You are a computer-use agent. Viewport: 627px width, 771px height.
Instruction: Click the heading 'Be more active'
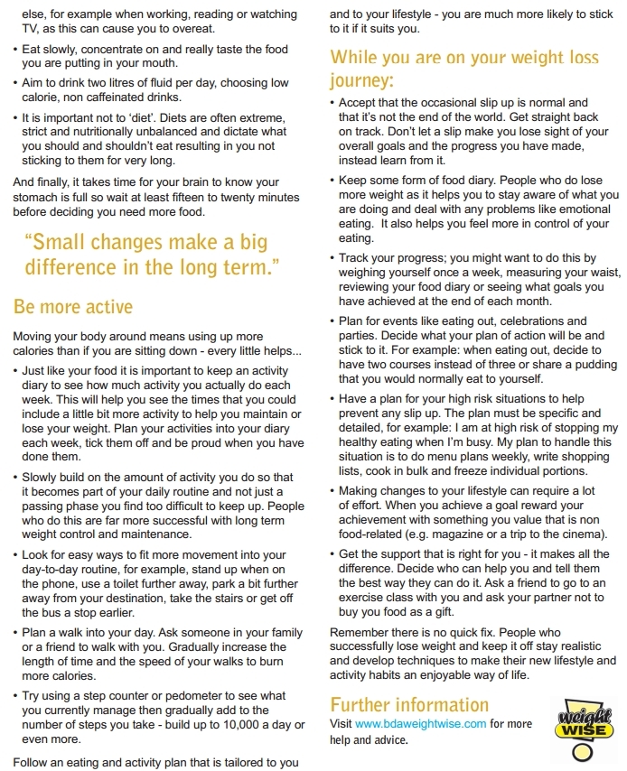click(x=73, y=308)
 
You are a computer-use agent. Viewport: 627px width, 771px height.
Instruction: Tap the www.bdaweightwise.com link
click(x=421, y=723)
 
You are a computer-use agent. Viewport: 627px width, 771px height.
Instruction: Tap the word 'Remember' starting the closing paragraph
click(x=359, y=632)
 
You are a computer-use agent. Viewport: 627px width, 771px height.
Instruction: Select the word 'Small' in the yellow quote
click(x=54, y=242)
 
